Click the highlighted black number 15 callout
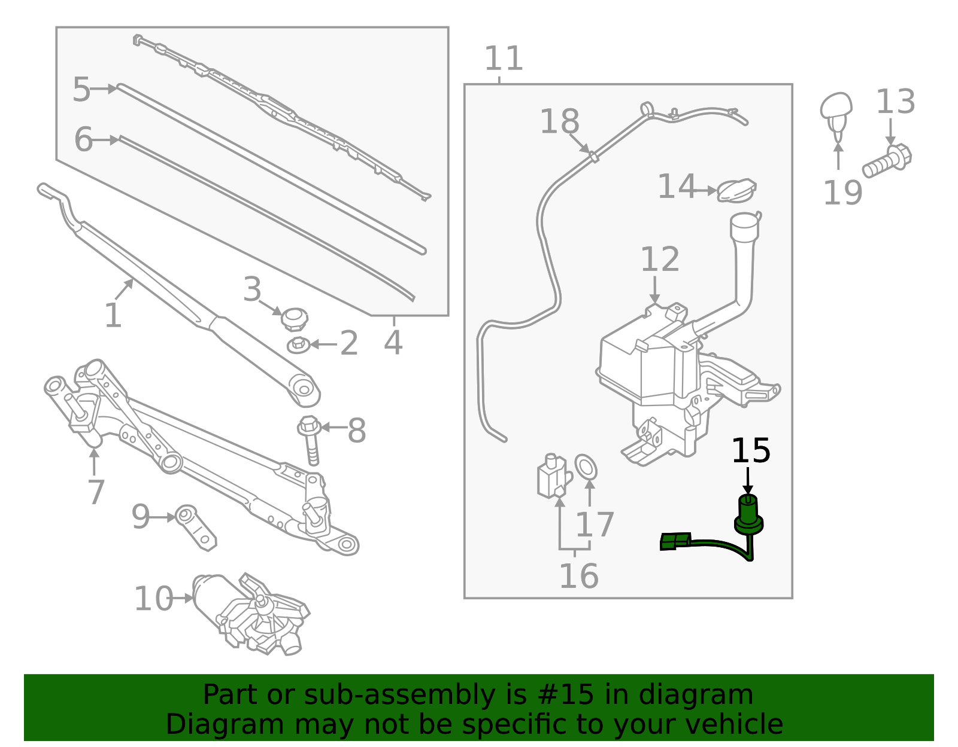(751, 450)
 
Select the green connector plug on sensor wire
(675, 541)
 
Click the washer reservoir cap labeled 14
(736, 190)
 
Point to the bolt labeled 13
(887, 160)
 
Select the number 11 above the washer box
(503, 59)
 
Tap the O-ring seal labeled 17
(586, 467)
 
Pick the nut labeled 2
(298, 345)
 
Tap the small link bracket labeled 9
(196, 526)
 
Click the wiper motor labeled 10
(251, 613)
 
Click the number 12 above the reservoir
(660, 260)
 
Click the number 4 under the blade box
(393, 343)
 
